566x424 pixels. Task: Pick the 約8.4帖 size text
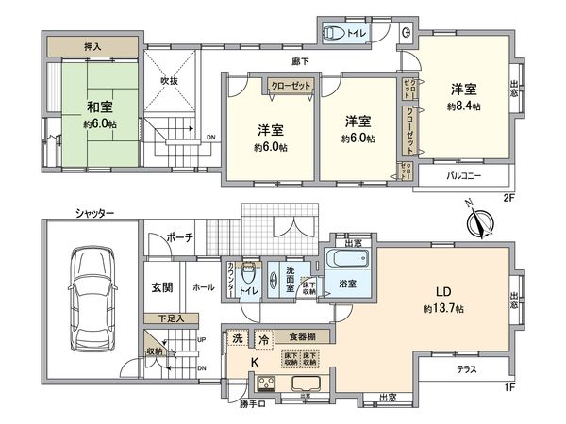tap(463, 107)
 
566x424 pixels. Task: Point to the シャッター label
tap(95, 214)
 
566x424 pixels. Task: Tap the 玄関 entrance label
tap(160, 286)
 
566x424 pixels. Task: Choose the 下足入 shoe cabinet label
tap(171, 318)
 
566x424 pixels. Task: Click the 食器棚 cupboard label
tap(301, 336)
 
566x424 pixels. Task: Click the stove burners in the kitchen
tap(263, 383)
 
